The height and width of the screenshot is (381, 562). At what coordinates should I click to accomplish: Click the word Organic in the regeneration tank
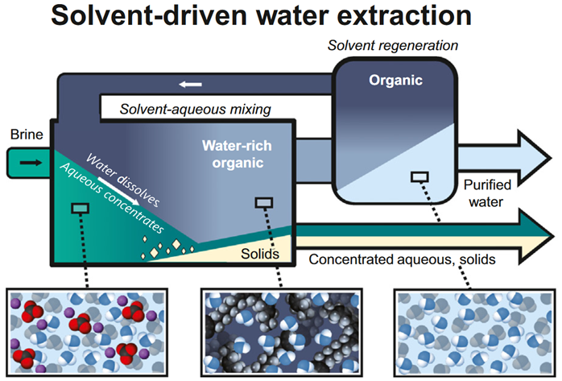point(395,81)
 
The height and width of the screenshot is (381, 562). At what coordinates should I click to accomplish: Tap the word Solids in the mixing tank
point(260,254)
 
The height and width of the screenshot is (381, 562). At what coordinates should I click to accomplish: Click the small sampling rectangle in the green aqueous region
point(81,209)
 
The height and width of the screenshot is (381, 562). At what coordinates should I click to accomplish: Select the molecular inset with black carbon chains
point(279,330)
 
